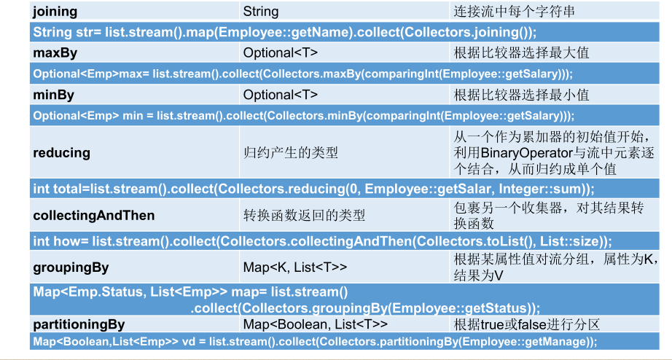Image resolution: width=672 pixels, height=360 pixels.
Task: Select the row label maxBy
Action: coord(55,52)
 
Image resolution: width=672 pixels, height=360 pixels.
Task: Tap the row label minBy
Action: coord(54,95)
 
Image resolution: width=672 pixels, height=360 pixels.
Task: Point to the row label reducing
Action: coord(62,153)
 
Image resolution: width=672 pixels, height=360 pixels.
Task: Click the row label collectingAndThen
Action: coord(94,216)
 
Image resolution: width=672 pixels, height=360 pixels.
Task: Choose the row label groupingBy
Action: coord(71,267)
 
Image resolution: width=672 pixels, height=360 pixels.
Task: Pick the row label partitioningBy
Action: coord(79,324)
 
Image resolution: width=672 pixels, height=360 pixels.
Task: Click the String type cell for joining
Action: coord(261,12)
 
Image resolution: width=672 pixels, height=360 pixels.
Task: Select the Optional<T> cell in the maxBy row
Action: coord(281,52)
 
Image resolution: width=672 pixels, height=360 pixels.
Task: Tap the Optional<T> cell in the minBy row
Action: coord(281,95)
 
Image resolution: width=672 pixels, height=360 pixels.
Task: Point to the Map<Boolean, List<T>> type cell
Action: coord(315,324)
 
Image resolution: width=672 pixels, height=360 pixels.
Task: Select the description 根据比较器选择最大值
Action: coord(522,52)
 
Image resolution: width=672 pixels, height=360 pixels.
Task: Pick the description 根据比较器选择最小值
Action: coord(522,95)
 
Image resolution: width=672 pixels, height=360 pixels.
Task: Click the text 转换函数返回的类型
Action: coord(304,216)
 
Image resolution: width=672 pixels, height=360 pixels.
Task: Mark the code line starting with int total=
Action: coord(314,189)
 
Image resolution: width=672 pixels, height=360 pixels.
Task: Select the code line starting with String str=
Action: coord(285,32)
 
